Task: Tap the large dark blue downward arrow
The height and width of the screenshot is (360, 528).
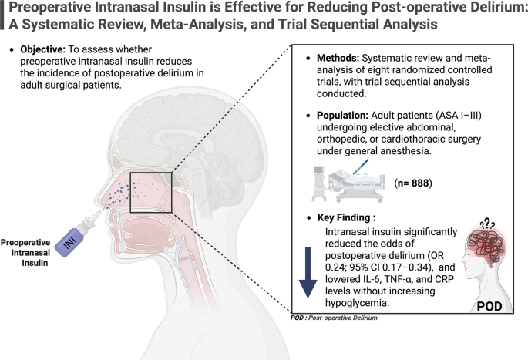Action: tap(308, 272)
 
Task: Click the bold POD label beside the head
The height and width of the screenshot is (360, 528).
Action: tap(489, 306)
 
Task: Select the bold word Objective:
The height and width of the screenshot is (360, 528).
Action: tap(42, 49)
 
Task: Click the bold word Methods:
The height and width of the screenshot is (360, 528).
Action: tap(338, 58)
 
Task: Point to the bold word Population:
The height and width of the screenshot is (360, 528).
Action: tap(342, 116)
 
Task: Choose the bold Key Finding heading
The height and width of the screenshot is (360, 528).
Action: tap(346, 217)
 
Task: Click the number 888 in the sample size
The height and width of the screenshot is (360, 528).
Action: tap(420, 183)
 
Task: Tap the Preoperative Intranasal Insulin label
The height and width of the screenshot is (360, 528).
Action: tap(25, 253)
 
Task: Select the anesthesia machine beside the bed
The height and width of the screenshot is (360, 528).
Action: tap(319, 183)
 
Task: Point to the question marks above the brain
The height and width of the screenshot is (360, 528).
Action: tap(488, 224)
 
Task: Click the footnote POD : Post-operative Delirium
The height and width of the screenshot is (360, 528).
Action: tap(334, 318)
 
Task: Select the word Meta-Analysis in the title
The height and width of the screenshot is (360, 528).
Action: tap(196, 24)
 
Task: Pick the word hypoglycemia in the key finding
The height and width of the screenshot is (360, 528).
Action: tap(358, 303)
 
